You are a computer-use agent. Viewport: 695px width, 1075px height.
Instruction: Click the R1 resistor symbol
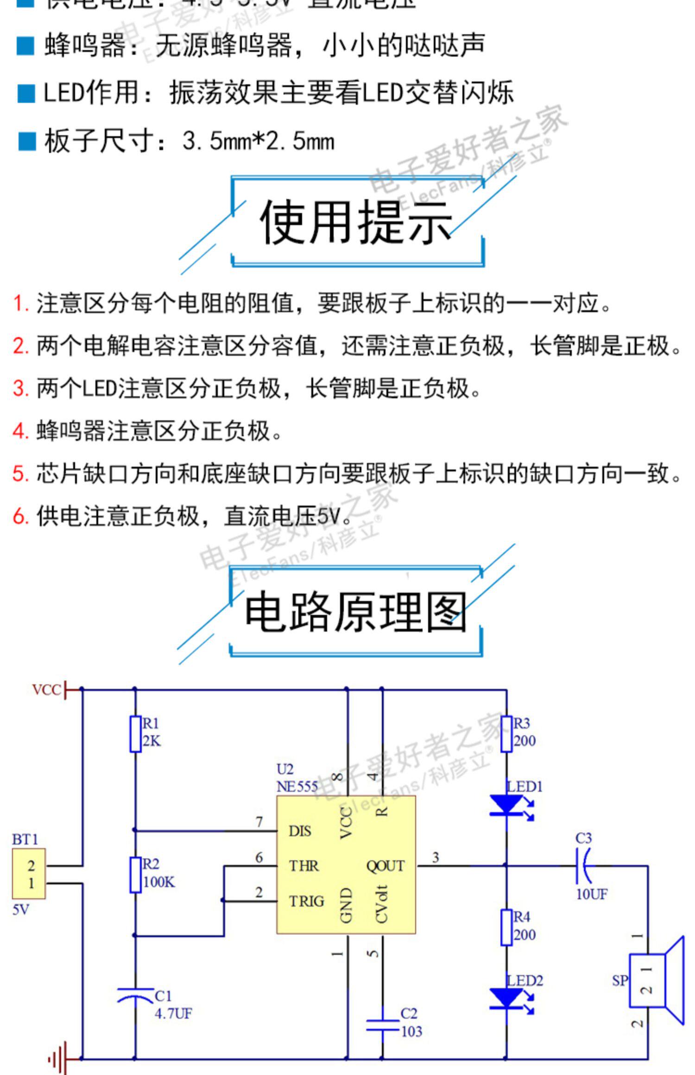(135, 734)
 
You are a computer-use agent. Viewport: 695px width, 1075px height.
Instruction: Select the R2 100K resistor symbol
(135, 875)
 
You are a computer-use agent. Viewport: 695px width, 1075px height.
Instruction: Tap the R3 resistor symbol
(506, 734)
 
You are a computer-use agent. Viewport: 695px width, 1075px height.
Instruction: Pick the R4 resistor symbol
(506, 927)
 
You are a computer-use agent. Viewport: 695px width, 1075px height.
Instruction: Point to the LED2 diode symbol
(506, 999)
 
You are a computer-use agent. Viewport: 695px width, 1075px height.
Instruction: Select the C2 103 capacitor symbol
(382, 1025)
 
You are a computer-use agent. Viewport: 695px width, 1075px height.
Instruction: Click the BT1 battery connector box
(29, 874)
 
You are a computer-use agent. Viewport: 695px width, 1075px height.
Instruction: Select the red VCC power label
(46, 690)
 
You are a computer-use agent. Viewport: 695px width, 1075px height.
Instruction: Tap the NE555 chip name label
(297, 787)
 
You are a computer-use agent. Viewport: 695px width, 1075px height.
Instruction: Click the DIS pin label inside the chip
(300, 831)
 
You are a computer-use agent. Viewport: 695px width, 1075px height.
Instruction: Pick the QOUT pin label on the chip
(385, 866)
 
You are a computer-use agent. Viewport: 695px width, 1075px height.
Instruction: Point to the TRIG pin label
(306, 901)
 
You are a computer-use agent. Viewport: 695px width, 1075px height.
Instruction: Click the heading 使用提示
(356, 223)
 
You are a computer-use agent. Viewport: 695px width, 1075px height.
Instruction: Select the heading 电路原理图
(355, 612)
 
